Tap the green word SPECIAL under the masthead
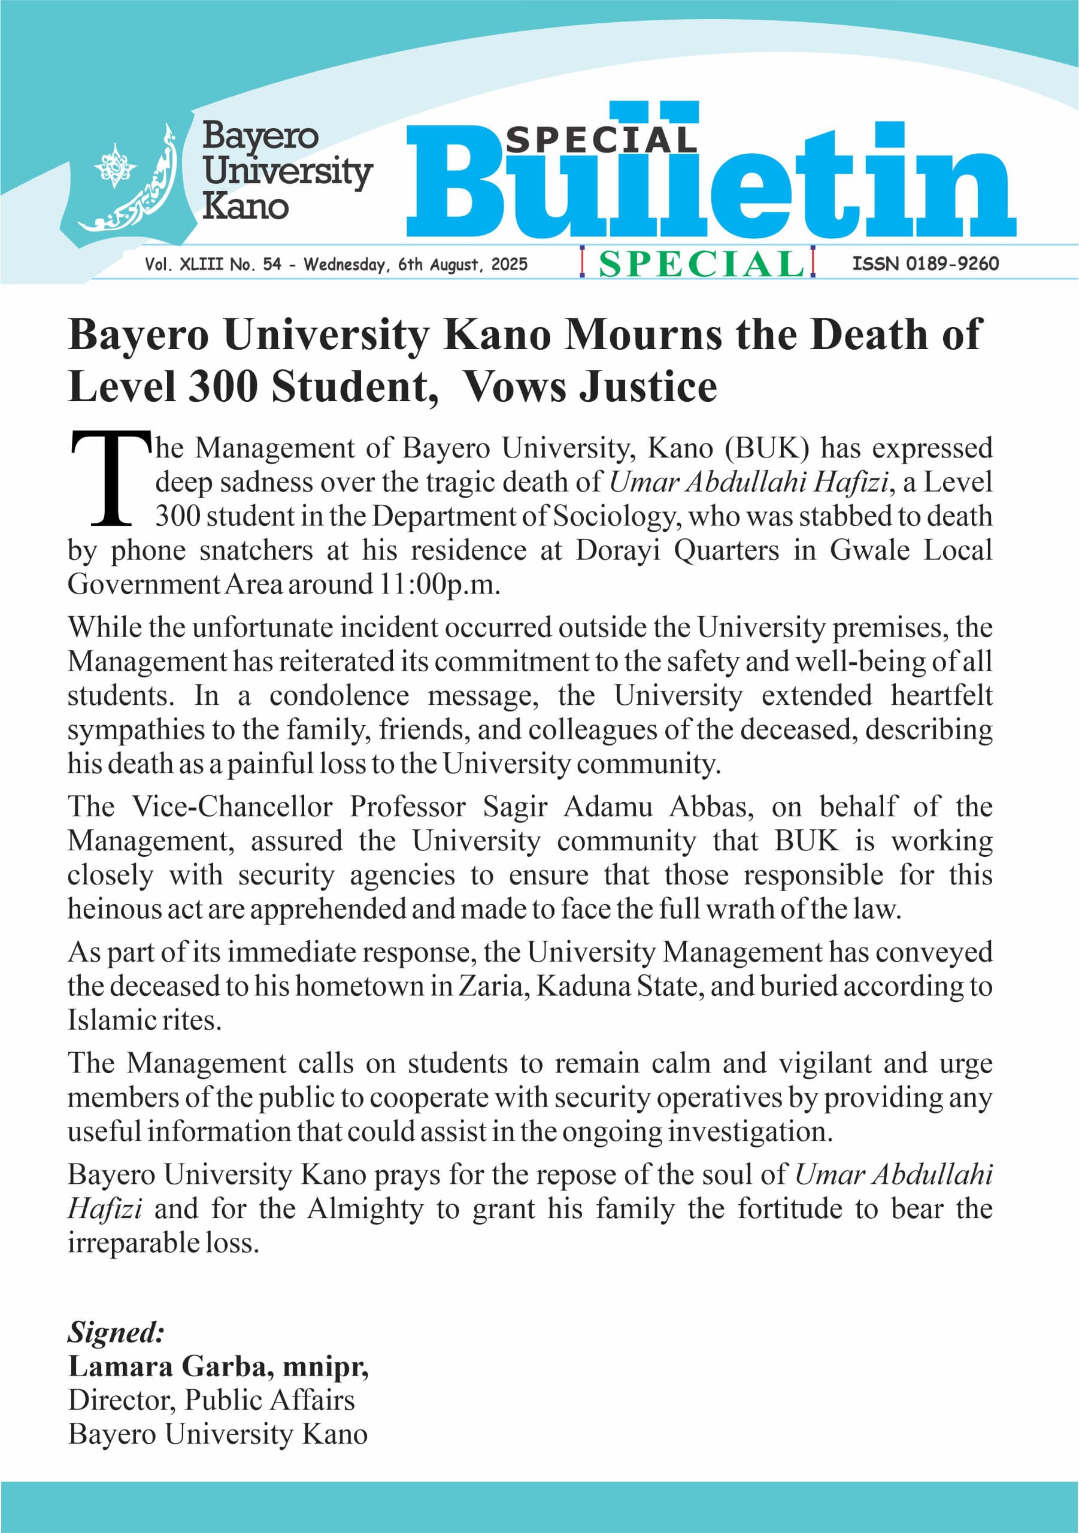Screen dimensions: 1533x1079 pyautogui.click(x=701, y=263)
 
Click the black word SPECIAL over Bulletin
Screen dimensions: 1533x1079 pyautogui.click(x=601, y=140)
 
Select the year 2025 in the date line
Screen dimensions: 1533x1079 pyautogui.click(x=509, y=265)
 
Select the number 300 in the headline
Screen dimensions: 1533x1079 pyautogui.click(x=223, y=387)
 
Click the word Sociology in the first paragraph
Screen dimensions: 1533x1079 pyautogui.click(x=616, y=516)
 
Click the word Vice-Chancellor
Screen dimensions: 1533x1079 pyautogui.click(x=232, y=807)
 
